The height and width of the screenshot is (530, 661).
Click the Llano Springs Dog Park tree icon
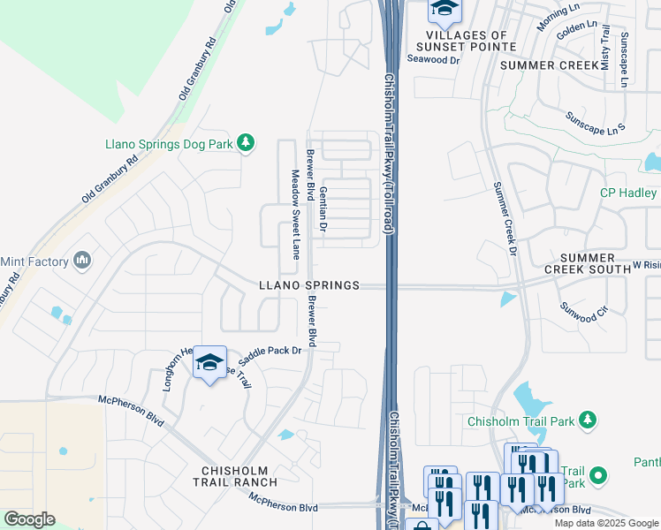(x=246, y=143)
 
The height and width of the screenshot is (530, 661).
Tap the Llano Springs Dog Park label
(x=168, y=143)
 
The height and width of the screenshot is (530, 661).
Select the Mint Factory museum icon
(x=82, y=261)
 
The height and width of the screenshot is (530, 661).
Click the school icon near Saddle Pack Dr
(x=210, y=363)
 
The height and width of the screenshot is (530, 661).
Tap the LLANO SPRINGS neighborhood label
(x=309, y=285)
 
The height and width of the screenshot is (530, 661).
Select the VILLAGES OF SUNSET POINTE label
(x=465, y=40)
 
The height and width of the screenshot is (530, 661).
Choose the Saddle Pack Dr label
(x=270, y=351)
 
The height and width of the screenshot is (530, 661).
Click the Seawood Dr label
(x=434, y=60)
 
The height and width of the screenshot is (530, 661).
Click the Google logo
(x=29, y=519)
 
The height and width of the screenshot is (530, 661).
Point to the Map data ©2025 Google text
(x=607, y=523)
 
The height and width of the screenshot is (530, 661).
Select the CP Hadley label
(x=628, y=193)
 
